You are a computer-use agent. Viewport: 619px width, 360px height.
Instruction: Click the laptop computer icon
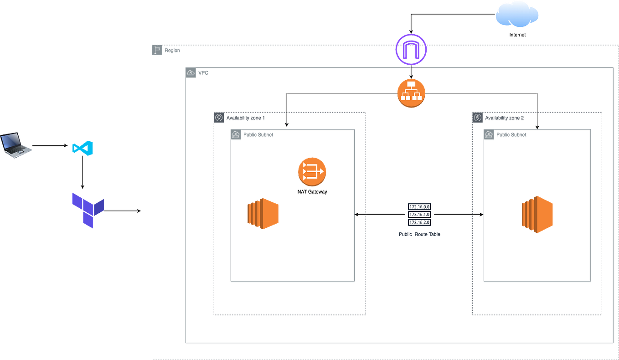click(16, 144)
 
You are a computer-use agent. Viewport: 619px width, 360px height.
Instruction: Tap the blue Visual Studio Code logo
click(83, 149)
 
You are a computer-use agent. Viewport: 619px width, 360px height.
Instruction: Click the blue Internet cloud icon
click(517, 15)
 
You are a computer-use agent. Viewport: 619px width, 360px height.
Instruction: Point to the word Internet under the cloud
click(518, 35)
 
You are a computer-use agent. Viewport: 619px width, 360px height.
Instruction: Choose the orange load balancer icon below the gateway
click(411, 93)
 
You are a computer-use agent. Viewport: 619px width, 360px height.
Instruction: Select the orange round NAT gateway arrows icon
click(312, 172)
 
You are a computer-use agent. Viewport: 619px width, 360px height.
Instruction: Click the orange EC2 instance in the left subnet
click(263, 213)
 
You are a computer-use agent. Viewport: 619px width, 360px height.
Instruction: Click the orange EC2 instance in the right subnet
click(537, 214)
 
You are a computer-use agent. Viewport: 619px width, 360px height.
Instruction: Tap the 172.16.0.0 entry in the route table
click(419, 206)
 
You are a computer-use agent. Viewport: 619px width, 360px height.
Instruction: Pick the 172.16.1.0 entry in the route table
click(419, 214)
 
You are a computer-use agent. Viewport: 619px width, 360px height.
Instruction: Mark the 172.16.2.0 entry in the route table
click(419, 222)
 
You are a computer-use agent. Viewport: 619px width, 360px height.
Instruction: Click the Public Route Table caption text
click(419, 234)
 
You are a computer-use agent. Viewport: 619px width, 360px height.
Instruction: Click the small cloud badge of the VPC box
click(191, 73)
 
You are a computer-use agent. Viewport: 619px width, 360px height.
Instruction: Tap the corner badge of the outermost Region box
click(157, 50)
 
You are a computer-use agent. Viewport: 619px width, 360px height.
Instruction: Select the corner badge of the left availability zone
click(219, 118)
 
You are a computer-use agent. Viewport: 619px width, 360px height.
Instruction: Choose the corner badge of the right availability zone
click(477, 118)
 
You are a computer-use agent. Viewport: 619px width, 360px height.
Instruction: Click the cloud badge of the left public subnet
click(236, 135)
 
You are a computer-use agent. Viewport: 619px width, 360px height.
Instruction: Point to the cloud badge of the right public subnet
click(489, 135)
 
